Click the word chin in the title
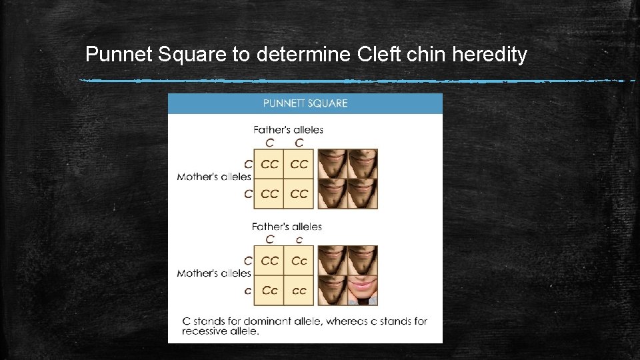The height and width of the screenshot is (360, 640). (x=427, y=54)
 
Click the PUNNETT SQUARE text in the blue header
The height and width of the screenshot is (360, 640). (x=305, y=103)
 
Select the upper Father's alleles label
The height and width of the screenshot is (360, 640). (x=288, y=129)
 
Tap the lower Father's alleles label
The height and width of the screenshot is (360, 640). (x=287, y=227)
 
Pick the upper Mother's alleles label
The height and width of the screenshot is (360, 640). (x=214, y=177)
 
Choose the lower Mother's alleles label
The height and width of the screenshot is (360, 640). (x=214, y=273)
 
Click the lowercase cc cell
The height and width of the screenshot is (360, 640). (x=299, y=291)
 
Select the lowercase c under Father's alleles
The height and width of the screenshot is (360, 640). (x=299, y=239)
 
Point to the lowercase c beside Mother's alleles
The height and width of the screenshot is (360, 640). (x=248, y=291)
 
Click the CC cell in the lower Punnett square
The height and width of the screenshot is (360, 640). (x=269, y=261)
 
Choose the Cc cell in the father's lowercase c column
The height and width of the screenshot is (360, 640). (x=299, y=261)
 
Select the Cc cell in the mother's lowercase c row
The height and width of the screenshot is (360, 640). (x=269, y=291)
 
